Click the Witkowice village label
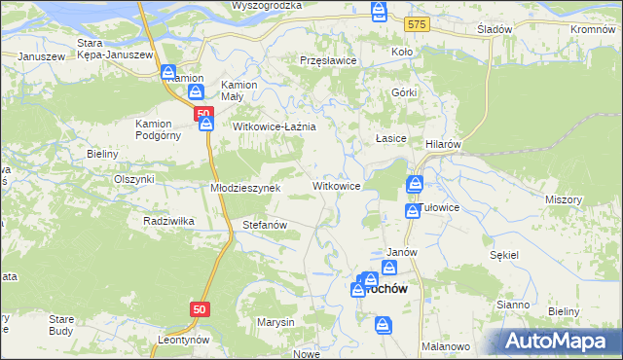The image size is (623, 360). point(337,186)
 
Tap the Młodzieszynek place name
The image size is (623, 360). point(245,188)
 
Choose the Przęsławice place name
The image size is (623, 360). point(328,60)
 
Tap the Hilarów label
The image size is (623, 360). point(443,143)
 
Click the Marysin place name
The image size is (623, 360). point(275,321)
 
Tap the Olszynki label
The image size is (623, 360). point(134,179)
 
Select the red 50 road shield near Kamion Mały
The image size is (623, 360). point(203,114)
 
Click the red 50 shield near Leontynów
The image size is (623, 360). point(200,308)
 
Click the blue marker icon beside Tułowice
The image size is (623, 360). point(412,210)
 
